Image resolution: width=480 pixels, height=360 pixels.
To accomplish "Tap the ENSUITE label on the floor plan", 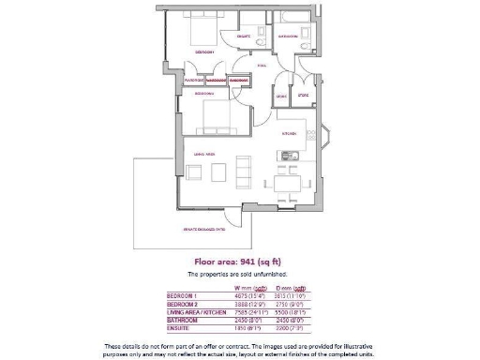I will [243, 37].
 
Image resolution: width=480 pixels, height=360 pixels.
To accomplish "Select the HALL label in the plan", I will [262, 67].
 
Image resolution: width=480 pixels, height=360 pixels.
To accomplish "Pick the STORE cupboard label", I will [302, 96].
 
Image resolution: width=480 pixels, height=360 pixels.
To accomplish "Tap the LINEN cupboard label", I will [281, 96].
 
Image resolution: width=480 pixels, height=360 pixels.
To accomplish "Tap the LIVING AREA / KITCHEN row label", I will [194, 311].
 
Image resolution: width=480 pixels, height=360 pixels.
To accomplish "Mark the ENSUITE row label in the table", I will [179, 326].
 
